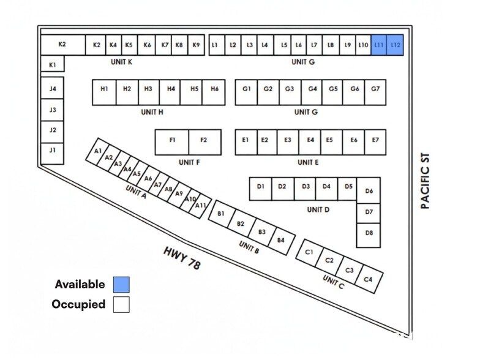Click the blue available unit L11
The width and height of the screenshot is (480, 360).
click(378, 45)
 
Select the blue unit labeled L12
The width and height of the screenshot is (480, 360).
click(395, 45)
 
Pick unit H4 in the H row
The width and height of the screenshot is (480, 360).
click(170, 92)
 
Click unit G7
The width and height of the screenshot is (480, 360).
click(375, 92)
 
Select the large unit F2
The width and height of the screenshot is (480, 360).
click(204, 142)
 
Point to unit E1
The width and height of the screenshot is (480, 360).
click(246, 142)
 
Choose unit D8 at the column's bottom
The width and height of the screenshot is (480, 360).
click(369, 235)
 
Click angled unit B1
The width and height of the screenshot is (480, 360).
click(222, 214)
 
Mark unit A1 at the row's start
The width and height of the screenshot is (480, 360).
click(97, 151)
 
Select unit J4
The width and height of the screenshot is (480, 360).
click(53, 88)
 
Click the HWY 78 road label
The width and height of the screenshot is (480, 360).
click(182, 258)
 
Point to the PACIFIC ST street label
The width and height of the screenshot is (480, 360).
click(425, 181)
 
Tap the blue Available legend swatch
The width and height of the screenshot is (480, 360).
click(121, 285)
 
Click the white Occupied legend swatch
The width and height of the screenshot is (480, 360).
click(121, 305)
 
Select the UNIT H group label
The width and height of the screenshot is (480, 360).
click(152, 113)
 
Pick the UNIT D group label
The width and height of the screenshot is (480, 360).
click(318, 209)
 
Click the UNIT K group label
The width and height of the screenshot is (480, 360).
click(121, 62)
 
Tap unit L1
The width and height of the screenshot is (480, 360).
click(217, 45)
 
